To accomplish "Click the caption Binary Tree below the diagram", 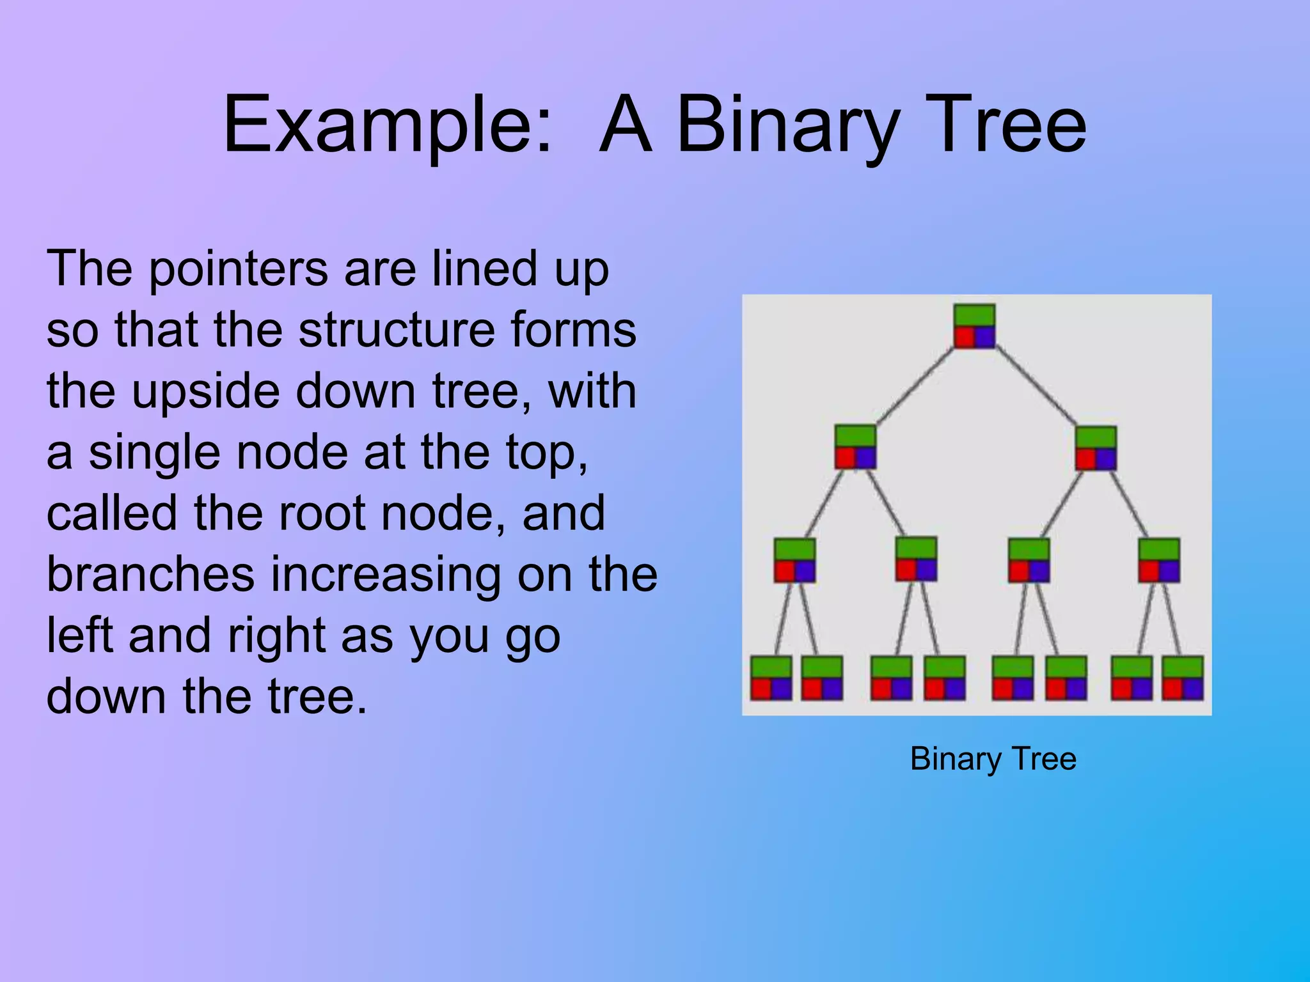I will pos(993,759).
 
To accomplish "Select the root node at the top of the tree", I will pos(974,326).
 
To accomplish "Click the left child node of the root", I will pos(855,447).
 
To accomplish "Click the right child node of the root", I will pos(1096,448).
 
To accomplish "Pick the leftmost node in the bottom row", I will pos(771,678).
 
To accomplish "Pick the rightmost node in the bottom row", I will pos(1183,678).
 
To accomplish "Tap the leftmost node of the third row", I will pos(794,560).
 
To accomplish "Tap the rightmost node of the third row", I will pos(1159,560).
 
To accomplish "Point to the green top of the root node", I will pos(974,315).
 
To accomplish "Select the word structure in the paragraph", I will pos(396,330).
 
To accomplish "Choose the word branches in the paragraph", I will pos(150,574).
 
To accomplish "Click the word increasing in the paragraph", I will pos(386,574).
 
